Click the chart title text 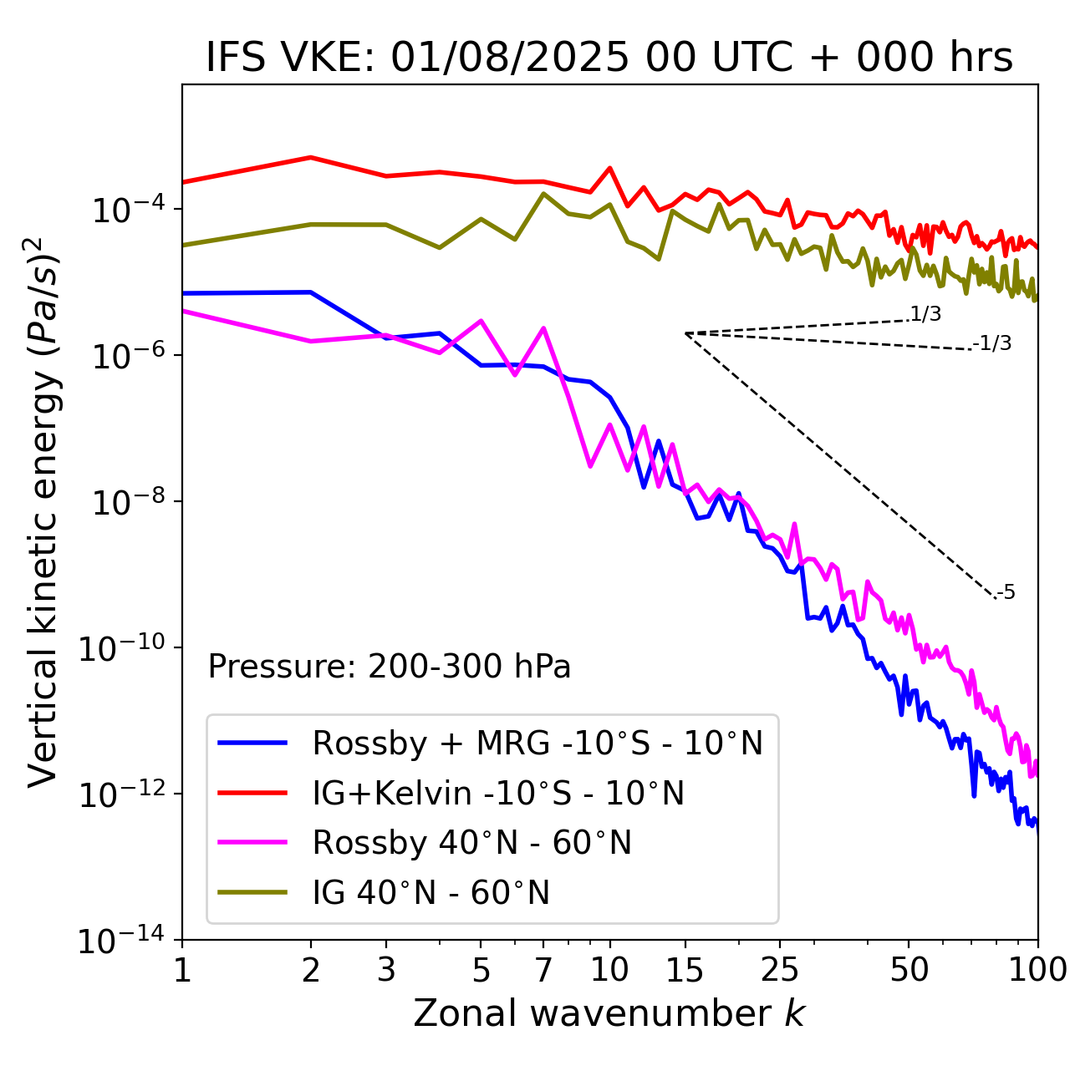(609, 58)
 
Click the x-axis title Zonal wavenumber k (609, 1013)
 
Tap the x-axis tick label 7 (543, 970)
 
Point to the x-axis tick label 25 (779, 970)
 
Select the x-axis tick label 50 (909, 970)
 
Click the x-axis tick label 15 (685, 970)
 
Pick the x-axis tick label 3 (386, 970)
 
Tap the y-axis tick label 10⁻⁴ (125, 211)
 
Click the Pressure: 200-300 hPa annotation (390, 667)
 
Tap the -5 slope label (1006, 593)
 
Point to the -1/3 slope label (992, 343)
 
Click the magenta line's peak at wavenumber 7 (543, 328)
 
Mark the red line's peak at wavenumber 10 (609, 168)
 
